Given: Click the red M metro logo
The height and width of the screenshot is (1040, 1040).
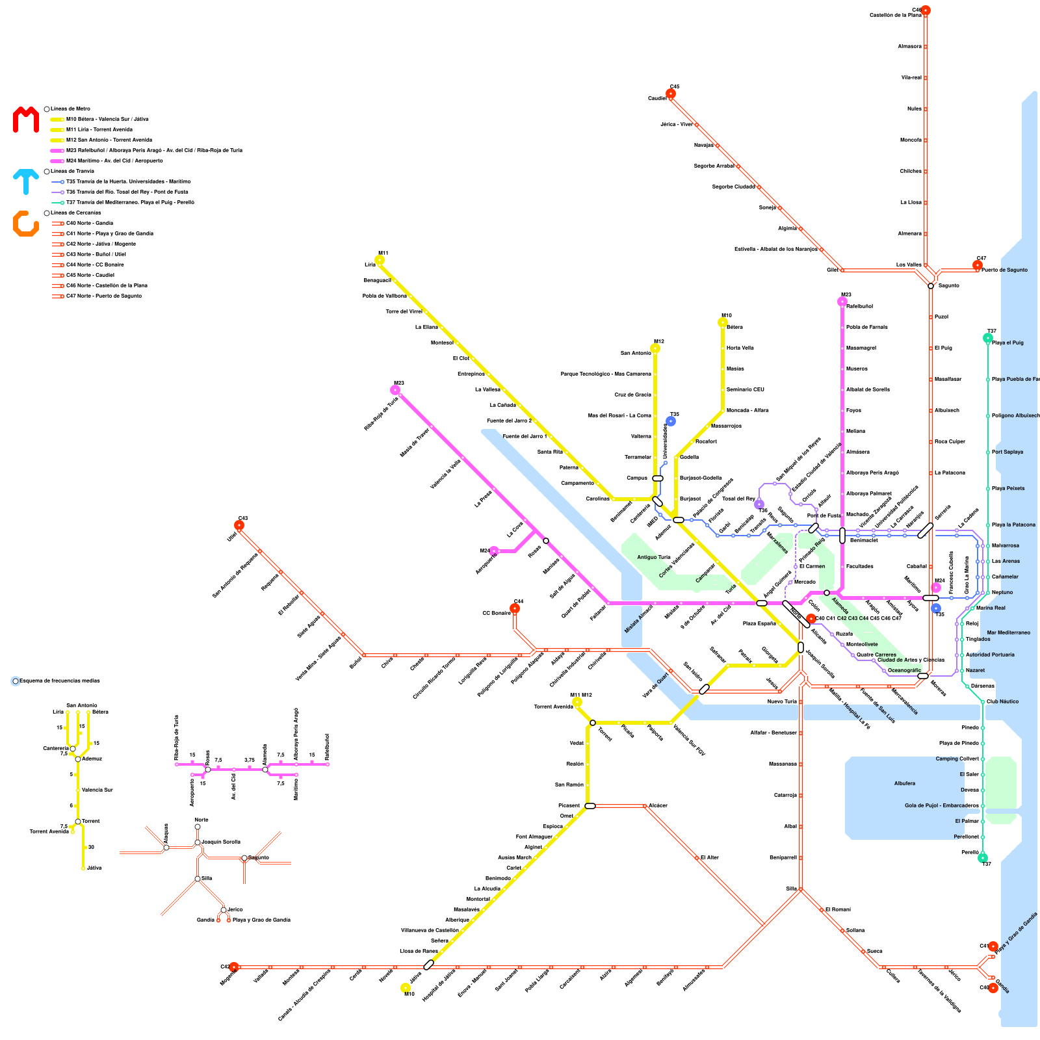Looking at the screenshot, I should (26, 120).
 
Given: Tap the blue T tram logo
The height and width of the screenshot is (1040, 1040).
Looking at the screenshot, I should (26, 181).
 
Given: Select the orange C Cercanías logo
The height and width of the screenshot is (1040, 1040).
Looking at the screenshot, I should (26, 223).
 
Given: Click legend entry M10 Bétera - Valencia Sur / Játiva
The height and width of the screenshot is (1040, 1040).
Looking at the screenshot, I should (107, 120).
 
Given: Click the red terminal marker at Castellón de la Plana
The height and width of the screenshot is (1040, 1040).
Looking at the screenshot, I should (926, 10).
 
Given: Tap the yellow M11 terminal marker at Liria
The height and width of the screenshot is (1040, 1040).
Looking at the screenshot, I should (380, 260).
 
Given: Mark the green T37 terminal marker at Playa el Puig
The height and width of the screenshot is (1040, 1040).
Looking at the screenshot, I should (988, 338).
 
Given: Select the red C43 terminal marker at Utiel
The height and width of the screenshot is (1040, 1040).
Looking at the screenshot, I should (239, 525).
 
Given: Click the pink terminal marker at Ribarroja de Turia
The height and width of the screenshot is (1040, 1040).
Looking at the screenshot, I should (395, 390).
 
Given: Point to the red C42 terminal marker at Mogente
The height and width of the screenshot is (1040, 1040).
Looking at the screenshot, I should (234, 967).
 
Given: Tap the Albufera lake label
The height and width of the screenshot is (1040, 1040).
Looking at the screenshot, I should (904, 783).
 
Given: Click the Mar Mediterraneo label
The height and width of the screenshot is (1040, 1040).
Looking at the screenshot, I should (1008, 632).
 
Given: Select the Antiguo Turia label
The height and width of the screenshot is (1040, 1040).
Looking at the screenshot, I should (653, 557).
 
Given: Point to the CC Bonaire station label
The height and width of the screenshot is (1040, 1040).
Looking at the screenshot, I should (496, 613).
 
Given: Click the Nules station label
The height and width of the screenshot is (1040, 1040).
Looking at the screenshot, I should (914, 109).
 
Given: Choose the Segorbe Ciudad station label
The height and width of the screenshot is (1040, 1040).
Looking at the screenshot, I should (734, 187).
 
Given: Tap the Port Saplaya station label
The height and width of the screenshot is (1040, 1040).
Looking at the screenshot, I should (1007, 452).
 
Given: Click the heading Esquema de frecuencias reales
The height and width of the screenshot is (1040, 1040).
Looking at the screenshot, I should (60, 681).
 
